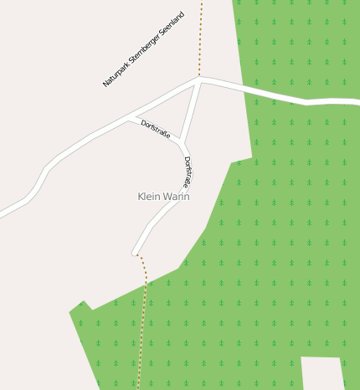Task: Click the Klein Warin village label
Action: click(163, 197)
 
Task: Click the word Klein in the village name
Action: click(148, 197)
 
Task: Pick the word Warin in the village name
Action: click(175, 197)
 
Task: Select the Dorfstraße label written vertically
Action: click(188, 172)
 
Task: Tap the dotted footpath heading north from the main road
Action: click(201, 38)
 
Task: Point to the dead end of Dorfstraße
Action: click(134, 253)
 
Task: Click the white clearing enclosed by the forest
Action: click(321, 373)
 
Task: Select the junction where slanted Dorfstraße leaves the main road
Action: click(128, 118)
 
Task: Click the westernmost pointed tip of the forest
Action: click(70, 312)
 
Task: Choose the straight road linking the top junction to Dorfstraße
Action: click(191, 109)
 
